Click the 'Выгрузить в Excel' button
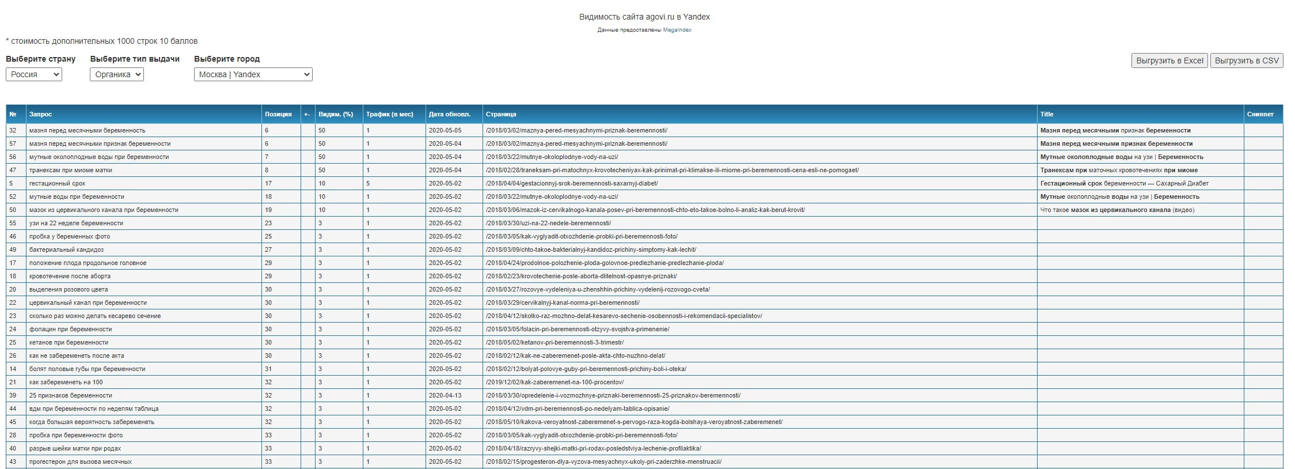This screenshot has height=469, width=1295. click(1169, 60)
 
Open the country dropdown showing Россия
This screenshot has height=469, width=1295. click(34, 74)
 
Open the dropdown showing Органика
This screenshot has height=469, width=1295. click(117, 74)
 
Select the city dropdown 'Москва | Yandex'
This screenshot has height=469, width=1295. click(253, 74)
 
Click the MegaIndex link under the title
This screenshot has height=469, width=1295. click(677, 30)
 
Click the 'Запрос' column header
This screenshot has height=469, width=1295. click(41, 114)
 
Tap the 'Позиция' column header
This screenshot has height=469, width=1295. click(278, 114)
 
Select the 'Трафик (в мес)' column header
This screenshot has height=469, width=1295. click(389, 114)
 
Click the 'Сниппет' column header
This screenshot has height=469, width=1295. click(1260, 114)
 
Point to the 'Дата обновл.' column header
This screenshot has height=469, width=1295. click(449, 114)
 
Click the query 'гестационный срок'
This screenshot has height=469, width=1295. click(57, 183)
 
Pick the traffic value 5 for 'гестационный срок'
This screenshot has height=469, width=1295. click(368, 183)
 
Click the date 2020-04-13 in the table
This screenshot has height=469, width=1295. click(445, 395)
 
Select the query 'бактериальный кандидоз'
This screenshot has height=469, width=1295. click(66, 249)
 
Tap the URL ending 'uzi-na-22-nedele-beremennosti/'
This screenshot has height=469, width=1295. click(548, 223)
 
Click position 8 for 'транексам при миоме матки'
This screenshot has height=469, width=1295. click(267, 170)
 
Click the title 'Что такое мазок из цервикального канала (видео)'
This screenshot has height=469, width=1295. click(1117, 210)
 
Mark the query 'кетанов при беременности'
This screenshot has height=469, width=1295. click(69, 342)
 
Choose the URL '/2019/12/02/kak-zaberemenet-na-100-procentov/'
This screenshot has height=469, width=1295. click(555, 382)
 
